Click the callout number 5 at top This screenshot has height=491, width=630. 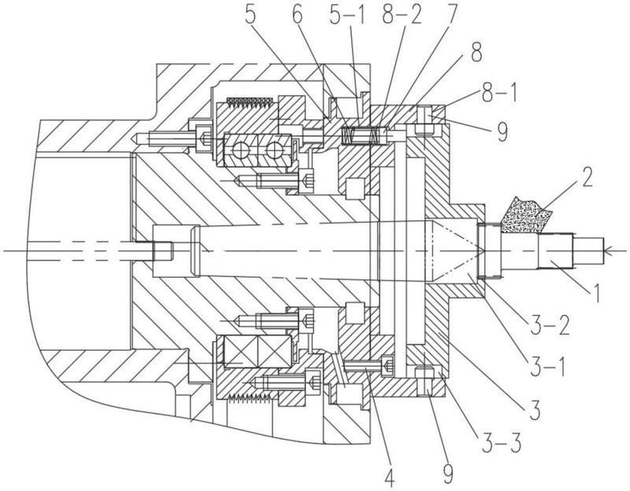250,15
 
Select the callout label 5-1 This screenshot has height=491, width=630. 347,15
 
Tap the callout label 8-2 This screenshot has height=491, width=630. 402,15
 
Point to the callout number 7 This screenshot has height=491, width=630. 450,15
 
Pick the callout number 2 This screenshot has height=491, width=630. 587,177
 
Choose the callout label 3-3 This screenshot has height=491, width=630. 502,442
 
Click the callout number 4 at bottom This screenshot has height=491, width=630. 389,478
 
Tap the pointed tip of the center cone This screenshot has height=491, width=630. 484,250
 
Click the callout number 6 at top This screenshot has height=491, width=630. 298,15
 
